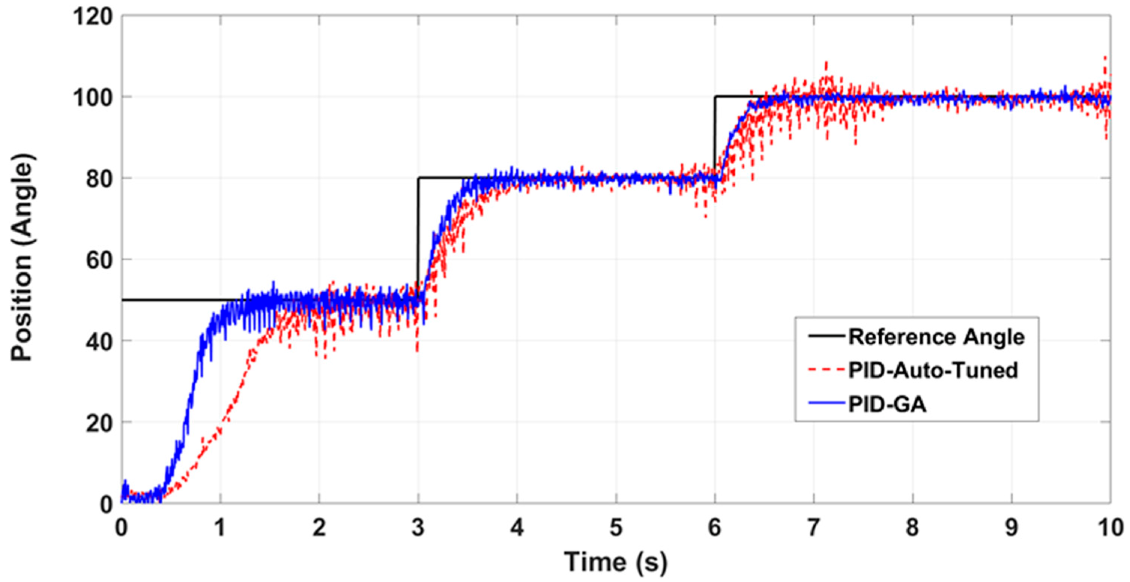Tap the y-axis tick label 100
(x=93, y=98)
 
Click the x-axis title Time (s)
(x=616, y=562)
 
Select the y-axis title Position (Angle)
(x=22, y=259)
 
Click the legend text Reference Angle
(x=937, y=337)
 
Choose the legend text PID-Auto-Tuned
(x=933, y=370)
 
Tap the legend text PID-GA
(x=888, y=404)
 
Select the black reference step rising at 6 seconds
(x=715, y=132)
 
